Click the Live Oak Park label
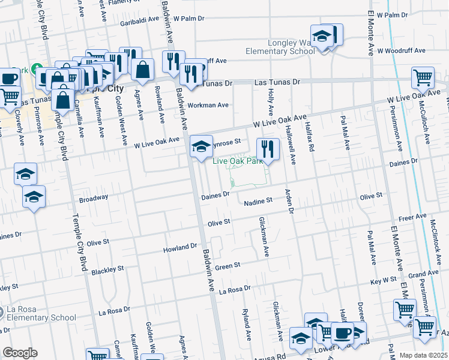(240, 161)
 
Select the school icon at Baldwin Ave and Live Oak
(201, 146)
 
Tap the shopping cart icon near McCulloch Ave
(423, 78)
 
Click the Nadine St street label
(259, 202)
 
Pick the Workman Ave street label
(208, 105)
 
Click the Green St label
(228, 265)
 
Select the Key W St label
(384, 280)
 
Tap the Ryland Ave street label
(246, 323)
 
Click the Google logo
(19, 353)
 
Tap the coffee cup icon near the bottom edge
(342, 333)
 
